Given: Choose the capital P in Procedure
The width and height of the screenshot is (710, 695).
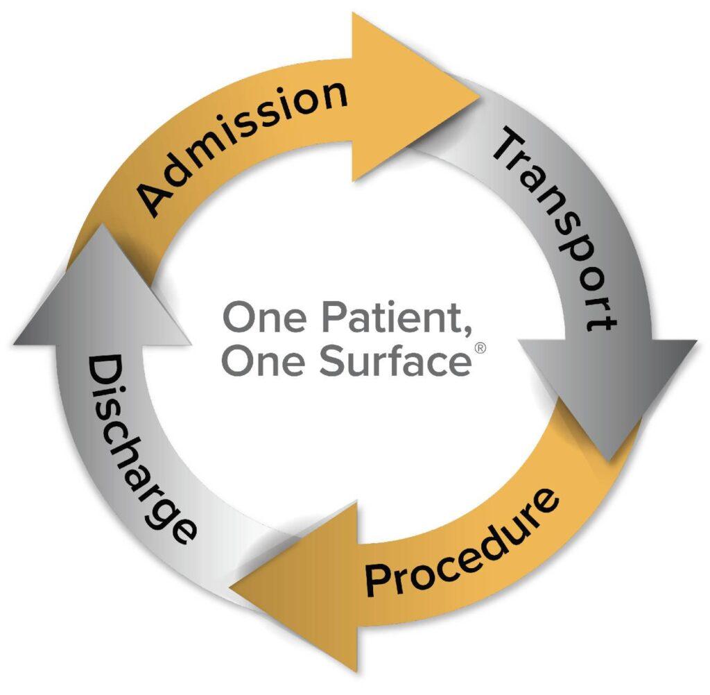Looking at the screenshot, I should (379, 581).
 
